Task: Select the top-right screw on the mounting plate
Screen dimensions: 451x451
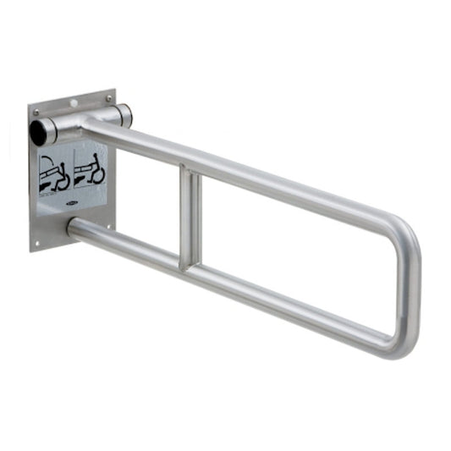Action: pos(107,99)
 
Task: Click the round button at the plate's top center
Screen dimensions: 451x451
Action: pos(74,102)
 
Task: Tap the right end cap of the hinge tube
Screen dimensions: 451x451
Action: pos(125,114)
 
